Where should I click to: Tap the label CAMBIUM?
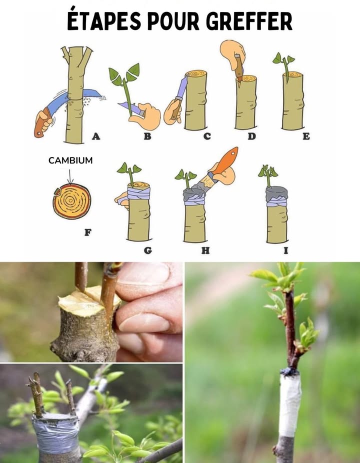pyautogui.click(x=70, y=160)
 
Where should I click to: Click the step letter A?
pyautogui.click(x=95, y=135)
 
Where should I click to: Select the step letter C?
pyautogui.click(x=206, y=136)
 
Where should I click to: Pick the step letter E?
pyautogui.click(x=306, y=135)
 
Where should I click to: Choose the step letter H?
pyautogui.click(x=205, y=250)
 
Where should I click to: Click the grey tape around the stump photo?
pyautogui.click(x=55, y=432)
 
